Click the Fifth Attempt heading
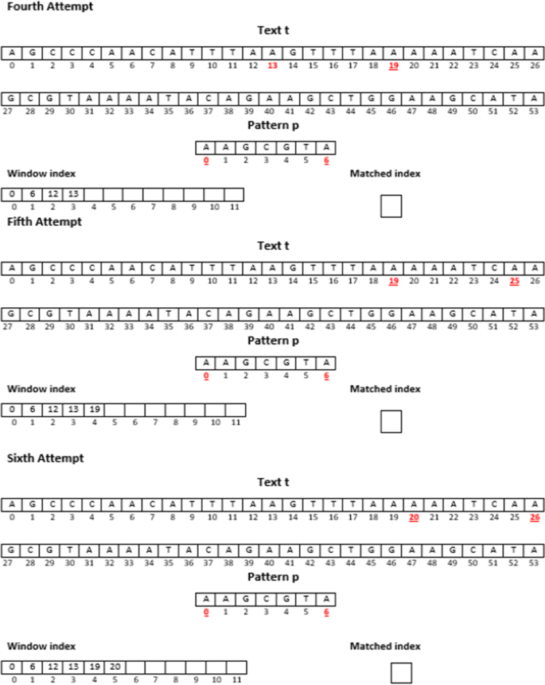pos(43,222)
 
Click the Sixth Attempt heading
pos(45,459)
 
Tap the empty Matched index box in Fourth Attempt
pos(391,205)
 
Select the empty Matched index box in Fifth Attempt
pos(391,421)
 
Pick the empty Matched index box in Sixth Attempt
pos(401,672)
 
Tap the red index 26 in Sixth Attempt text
pos(535,518)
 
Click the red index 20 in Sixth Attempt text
pos(414,518)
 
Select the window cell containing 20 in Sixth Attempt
pos(115,667)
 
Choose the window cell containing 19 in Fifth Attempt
pos(95,409)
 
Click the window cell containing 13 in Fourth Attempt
pos(74,194)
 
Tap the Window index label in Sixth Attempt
pos(41,646)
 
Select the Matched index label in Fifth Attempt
pos(385,389)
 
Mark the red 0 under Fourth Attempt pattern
pos(206,160)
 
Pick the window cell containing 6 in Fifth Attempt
pos(33,409)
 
